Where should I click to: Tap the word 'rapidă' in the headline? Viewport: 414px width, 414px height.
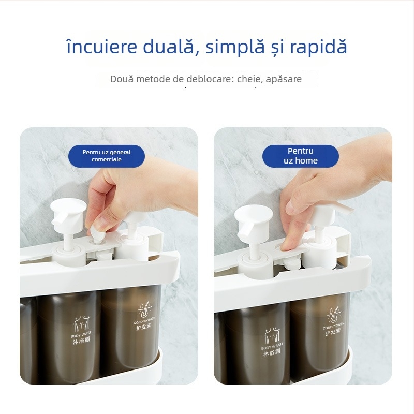coord(318,47)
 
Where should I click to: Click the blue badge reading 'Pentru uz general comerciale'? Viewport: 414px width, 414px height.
coord(107,156)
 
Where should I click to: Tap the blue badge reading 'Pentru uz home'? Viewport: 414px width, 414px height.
coord(300,156)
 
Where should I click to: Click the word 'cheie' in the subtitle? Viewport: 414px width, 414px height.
coord(253,79)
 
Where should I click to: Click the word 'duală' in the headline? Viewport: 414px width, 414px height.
coord(165,47)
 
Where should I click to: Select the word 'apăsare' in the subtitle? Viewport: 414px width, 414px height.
coord(285,79)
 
